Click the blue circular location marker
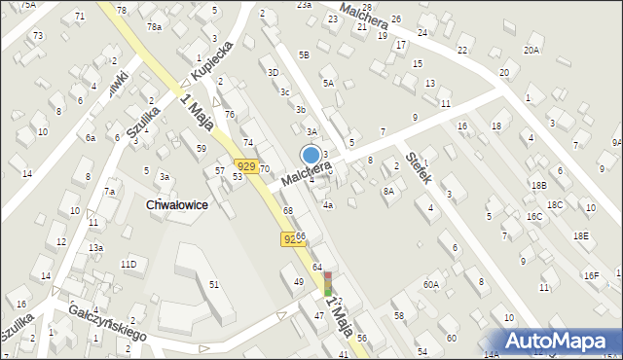click(x=311, y=155)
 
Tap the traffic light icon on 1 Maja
click(x=328, y=283)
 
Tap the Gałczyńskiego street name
click(x=107, y=321)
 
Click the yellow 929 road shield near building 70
click(x=247, y=167)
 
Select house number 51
click(x=214, y=283)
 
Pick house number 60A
click(x=431, y=285)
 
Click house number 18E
click(x=581, y=235)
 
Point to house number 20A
click(x=531, y=50)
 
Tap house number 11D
click(x=128, y=264)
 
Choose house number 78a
click(x=155, y=27)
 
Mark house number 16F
click(x=591, y=276)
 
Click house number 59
click(x=201, y=148)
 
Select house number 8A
click(x=388, y=192)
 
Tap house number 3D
click(x=274, y=72)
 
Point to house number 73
click(x=38, y=35)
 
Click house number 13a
click(x=95, y=248)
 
